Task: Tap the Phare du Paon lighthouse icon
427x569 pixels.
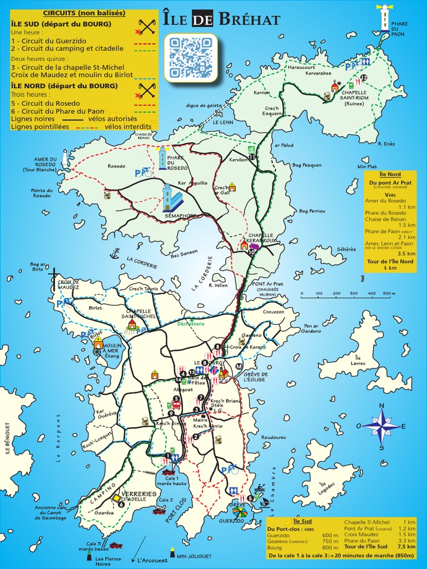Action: click(384, 18)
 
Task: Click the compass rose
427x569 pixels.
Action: click(381, 426)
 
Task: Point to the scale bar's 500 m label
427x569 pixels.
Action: click(388, 293)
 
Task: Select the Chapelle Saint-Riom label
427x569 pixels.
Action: click(354, 98)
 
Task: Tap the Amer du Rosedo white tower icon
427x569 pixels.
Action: click(65, 158)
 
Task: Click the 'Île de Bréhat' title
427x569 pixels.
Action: click(222, 20)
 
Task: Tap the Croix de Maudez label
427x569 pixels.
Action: click(68, 284)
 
